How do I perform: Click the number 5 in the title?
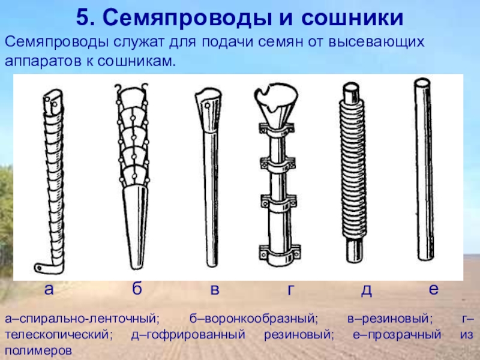tap(83, 18)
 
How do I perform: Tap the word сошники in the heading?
tap(352, 18)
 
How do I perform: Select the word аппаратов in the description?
tap(43, 62)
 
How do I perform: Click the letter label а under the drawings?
tap(49, 289)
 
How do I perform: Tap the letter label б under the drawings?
tap(137, 288)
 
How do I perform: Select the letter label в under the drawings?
tap(215, 290)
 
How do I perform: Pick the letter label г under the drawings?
tap(290, 290)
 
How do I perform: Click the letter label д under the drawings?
tap(366, 290)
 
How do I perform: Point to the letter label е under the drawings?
tap(433, 289)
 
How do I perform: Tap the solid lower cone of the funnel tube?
tap(137, 227)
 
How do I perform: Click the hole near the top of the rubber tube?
tap(207, 106)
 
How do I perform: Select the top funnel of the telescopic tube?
tap(276, 103)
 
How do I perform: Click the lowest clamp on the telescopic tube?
tap(280, 253)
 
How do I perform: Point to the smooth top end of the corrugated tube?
tap(351, 92)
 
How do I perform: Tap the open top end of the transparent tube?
tap(422, 83)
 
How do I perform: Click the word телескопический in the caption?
tap(57, 334)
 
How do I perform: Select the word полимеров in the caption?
tap(38, 350)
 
